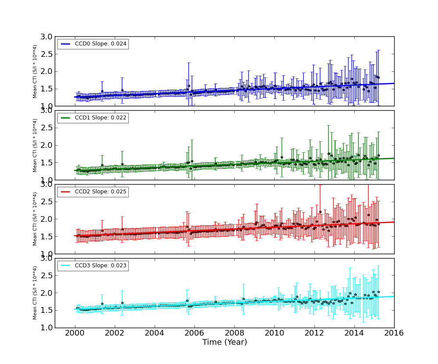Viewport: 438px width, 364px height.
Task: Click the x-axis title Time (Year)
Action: [224, 342]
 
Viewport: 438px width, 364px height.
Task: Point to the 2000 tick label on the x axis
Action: [75, 333]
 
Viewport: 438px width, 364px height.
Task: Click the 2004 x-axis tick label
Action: [155, 333]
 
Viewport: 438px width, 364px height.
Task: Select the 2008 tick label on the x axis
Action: [234, 333]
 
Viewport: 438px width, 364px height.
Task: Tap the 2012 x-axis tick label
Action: [314, 333]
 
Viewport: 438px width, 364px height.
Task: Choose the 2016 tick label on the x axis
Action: [394, 333]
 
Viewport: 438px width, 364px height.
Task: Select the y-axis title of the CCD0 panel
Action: [35, 71]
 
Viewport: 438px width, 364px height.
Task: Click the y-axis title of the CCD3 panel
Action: [35, 293]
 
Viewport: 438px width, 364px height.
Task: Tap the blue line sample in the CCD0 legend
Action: [66, 44]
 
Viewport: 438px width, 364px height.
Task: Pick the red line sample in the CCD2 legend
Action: [66, 192]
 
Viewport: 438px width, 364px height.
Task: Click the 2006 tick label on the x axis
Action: [194, 333]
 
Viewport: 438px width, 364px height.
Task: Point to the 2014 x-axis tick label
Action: [354, 333]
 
